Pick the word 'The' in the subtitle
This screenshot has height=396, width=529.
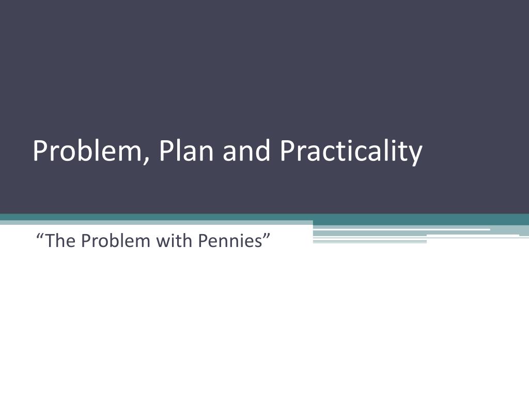coord(57,240)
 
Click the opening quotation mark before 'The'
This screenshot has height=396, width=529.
coord(39,236)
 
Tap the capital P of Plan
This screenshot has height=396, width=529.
coord(166,152)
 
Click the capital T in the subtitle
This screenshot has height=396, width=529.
coord(48,240)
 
